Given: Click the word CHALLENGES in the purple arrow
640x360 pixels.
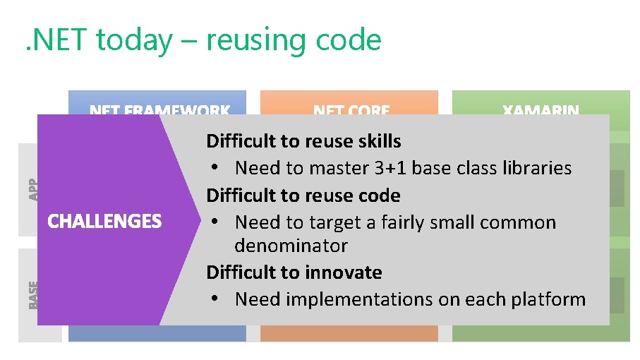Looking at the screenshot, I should [x=104, y=222].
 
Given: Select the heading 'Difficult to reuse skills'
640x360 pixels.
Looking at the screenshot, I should [x=303, y=141].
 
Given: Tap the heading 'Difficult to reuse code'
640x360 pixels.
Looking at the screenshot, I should [x=303, y=196].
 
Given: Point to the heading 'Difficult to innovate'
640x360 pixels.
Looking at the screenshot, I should [x=294, y=272].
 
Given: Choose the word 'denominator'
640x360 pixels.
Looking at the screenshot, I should [x=291, y=246].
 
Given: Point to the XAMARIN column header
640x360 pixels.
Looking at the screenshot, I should [x=541, y=110].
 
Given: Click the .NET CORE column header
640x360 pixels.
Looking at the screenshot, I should [x=351, y=110].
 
